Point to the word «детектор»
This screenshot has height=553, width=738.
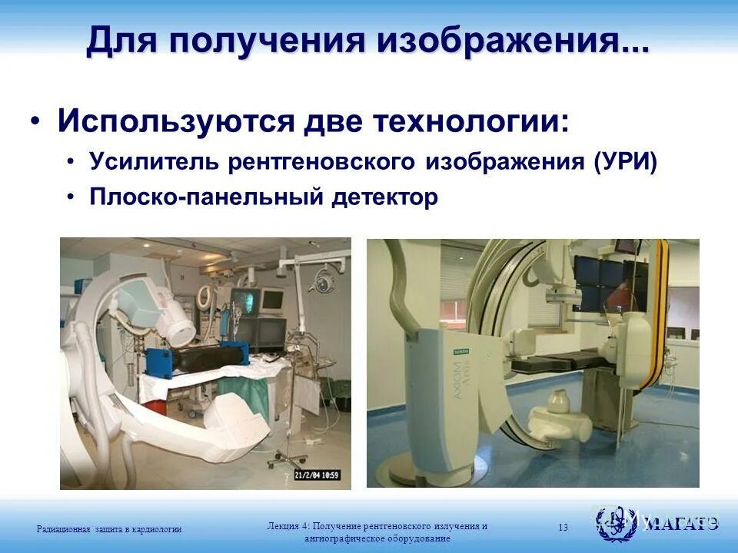(x=385, y=197)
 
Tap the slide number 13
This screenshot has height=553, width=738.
(x=563, y=527)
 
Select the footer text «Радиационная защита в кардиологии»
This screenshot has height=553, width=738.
(x=109, y=528)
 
